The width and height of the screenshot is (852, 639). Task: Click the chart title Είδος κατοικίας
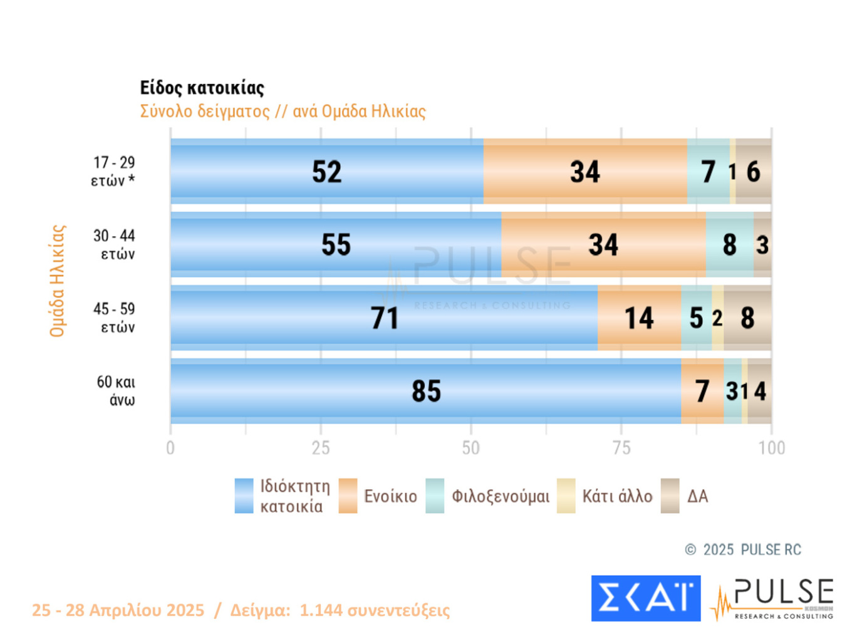(202, 88)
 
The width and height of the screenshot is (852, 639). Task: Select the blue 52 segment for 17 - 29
(326, 172)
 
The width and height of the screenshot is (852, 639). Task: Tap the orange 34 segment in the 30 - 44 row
(603, 245)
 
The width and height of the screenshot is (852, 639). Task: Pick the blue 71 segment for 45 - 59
(384, 318)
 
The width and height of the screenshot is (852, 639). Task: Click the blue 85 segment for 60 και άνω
(426, 392)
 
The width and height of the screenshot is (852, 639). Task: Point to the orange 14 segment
(639, 318)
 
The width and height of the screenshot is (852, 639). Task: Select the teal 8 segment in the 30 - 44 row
(729, 245)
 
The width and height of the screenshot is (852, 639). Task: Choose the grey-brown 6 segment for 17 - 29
(753, 172)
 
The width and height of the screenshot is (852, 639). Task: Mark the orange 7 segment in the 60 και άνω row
(702, 392)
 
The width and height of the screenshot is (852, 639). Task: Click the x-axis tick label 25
(321, 448)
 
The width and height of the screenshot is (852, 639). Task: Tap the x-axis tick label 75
(621, 448)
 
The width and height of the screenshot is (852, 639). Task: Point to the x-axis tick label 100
(772, 448)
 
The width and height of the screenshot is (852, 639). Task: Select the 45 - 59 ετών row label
(114, 318)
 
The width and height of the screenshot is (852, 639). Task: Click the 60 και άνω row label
(116, 391)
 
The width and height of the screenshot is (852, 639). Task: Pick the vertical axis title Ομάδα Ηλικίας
(57, 281)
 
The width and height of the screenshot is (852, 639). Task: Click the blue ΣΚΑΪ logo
(646, 598)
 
